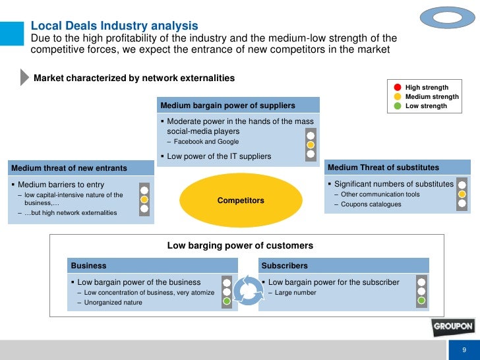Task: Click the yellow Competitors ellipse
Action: (241, 200)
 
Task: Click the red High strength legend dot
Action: (397, 87)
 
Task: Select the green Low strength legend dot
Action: (397, 105)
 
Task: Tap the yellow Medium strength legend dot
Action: (397, 96)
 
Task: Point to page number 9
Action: (464, 350)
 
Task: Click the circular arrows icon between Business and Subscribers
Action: (249, 290)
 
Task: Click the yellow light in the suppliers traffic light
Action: (311, 144)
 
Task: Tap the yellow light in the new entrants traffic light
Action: (144, 199)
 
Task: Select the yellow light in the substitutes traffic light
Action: (462, 196)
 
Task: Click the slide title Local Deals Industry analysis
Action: (115, 26)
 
